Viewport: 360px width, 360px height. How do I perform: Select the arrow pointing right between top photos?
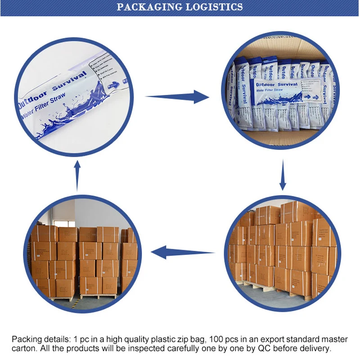(x=178, y=96)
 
